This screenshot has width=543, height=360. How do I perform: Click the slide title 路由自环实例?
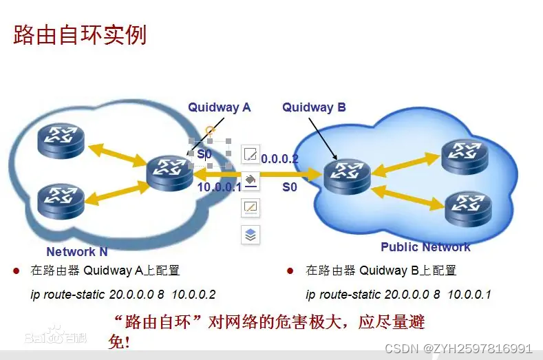[80, 34]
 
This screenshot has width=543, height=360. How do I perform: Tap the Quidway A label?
[220, 107]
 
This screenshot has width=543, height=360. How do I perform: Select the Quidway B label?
[314, 107]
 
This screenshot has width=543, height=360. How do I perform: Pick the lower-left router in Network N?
[61, 202]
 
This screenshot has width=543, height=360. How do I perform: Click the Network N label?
[76, 252]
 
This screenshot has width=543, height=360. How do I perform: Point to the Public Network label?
[425, 247]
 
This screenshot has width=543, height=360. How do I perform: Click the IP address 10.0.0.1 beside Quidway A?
[220, 187]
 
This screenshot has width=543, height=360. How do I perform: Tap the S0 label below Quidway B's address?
[290, 187]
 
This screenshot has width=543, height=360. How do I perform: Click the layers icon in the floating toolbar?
[251, 235]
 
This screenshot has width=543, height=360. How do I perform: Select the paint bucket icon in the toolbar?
[251, 180]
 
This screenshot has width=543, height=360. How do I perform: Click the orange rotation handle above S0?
[210, 130]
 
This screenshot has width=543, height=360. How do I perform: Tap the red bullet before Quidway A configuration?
[16, 271]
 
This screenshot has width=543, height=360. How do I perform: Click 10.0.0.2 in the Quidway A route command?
[193, 295]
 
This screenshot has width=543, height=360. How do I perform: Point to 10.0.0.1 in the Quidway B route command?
[469, 295]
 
